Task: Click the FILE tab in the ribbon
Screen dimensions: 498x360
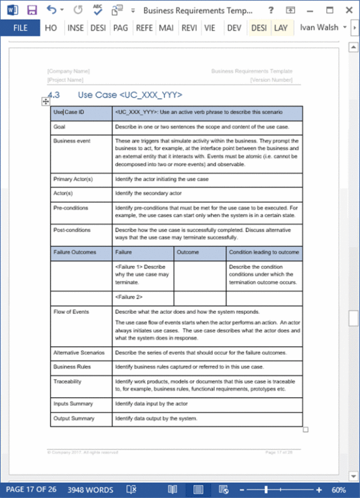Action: coord(21,28)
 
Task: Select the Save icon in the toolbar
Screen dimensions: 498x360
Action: coord(32,11)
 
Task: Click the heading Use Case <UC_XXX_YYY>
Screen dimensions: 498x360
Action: coord(130,95)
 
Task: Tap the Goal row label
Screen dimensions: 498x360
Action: coord(60,126)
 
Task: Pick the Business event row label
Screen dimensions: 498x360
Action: coord(72,141)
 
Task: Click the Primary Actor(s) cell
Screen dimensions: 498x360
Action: coord(73,179)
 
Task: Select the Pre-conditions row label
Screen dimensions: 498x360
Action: coord(70,208)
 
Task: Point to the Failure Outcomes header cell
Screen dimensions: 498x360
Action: coord(75,253)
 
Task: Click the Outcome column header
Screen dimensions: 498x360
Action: coord(187,253)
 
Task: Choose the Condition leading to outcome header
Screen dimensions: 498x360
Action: coord(264,253)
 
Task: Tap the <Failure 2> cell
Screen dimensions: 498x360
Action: coord(129,298)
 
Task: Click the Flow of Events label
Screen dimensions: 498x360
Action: coord(71,312)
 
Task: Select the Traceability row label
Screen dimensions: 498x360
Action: coord(67,381)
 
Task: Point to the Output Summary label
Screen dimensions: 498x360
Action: coord(73,418)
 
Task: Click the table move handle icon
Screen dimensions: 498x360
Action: coord(46,101)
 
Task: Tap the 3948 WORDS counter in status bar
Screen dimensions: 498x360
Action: coord(90,489)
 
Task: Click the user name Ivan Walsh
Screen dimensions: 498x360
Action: coord(319,28)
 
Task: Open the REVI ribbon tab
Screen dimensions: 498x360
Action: coord(189,28)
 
